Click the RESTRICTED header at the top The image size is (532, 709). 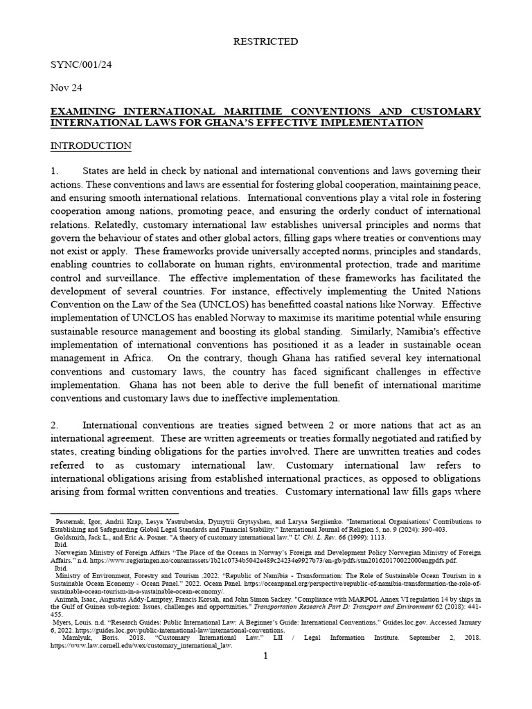(265, 42)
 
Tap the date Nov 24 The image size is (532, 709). (66, 88)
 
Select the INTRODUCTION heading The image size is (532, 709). (91, 146)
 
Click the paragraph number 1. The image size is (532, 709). (55, 171)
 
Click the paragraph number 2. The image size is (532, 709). (55, 424)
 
